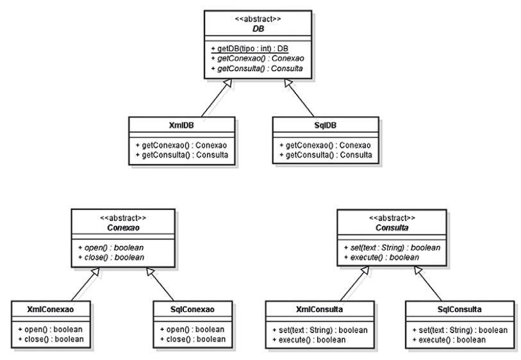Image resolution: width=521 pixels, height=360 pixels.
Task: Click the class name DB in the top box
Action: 258,29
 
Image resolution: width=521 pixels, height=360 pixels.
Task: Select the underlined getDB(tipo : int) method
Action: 249,49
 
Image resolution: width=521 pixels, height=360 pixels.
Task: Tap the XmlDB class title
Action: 181,126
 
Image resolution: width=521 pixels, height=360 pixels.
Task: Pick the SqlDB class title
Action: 326,126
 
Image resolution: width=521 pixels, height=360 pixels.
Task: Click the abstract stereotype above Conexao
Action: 123,218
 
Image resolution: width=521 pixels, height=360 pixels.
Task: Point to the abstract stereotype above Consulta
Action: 392,218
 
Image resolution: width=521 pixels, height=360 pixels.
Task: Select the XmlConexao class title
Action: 51,309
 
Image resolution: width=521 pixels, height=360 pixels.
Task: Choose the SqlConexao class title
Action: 192,309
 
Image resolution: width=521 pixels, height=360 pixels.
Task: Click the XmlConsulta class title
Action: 319,309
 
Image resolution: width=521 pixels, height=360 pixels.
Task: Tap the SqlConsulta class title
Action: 459,309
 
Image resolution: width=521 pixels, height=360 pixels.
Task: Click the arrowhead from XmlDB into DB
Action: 227,83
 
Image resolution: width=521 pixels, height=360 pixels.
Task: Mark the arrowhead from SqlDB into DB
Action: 288,83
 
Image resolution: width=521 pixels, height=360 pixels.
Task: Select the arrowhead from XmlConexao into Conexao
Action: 95,271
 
